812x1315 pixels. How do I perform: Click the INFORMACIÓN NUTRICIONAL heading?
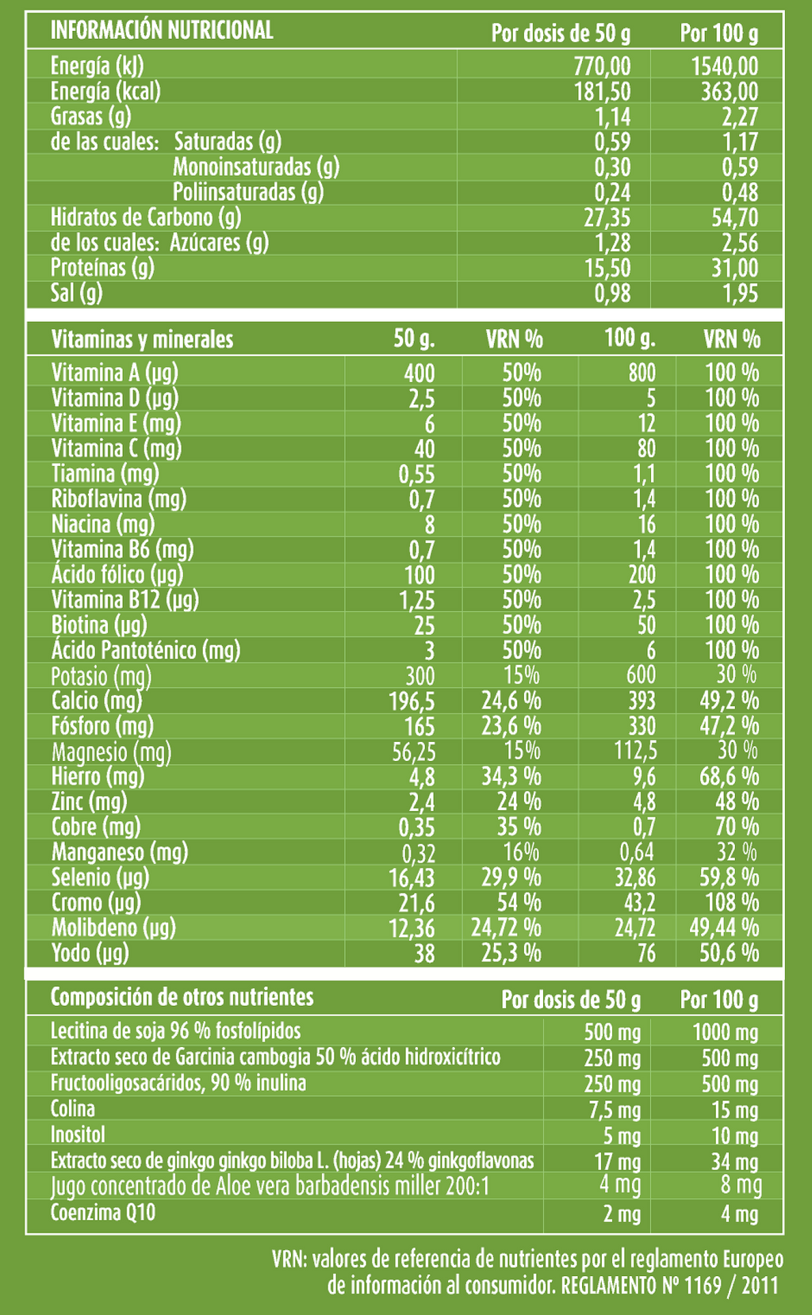tap(162, 30)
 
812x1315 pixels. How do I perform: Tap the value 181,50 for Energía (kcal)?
tap(603, 92)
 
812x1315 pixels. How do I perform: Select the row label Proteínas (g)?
tap(102, 268)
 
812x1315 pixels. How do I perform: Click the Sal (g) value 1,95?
tap(741, 293)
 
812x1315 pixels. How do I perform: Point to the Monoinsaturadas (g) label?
tap(256, 167)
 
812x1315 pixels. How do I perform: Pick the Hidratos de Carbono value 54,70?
tap(735, 218)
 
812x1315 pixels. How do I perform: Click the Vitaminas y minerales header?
tap(142, 339)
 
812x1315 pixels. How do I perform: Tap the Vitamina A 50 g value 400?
tap(419, 373)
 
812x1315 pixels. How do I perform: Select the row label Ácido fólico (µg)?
tap(117, 574)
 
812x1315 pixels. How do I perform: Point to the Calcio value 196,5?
tap(412, 701)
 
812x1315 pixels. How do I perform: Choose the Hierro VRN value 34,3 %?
tap(511, 778)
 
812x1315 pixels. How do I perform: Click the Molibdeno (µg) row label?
tap(113, 927)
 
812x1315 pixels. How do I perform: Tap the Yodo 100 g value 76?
tap(646, 953)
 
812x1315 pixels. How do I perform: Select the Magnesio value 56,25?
tap(413, 752)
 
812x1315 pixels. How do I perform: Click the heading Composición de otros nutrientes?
tap(182, 997)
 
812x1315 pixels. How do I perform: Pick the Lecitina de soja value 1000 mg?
tap(726, 1032)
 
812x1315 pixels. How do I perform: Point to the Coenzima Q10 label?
tap(103, 1212)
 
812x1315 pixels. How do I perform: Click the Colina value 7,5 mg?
tap(615, 1110)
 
